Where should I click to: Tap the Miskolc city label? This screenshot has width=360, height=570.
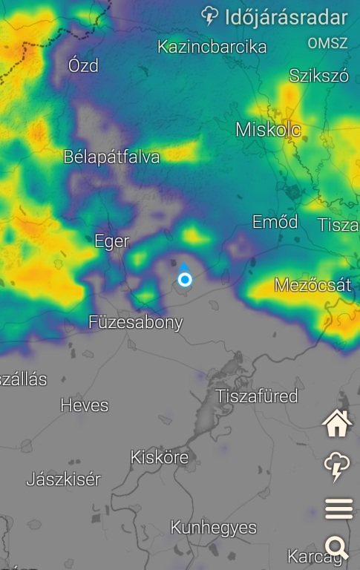[268, 130]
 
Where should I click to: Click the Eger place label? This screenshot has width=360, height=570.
[112, 241]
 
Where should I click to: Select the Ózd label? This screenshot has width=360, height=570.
[83, 65]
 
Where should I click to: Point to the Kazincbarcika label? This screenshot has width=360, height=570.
[212, 47]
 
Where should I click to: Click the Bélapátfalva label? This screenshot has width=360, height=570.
[111, 157]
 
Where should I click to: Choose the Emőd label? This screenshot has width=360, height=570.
[275, 221]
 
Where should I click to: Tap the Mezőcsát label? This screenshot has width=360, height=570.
[312, 285]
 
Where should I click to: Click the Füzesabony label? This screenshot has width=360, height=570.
[135, 323]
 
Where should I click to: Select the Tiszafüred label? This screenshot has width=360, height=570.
[257, 396]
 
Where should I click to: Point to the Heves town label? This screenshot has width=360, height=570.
[85, 405]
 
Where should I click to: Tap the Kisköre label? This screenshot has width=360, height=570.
[160, 456]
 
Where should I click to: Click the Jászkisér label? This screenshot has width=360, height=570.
[63, 479]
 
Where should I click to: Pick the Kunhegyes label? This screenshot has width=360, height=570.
[214, 528]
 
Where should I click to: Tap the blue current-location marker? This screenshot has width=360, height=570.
[185, 279]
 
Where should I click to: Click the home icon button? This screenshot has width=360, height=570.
[337, 424]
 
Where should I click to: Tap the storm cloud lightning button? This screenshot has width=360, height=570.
[337, 468]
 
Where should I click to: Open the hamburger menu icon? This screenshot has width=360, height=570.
[338, 509]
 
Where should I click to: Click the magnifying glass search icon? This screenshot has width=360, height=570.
[337, 548]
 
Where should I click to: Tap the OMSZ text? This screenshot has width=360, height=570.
[327, 43]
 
